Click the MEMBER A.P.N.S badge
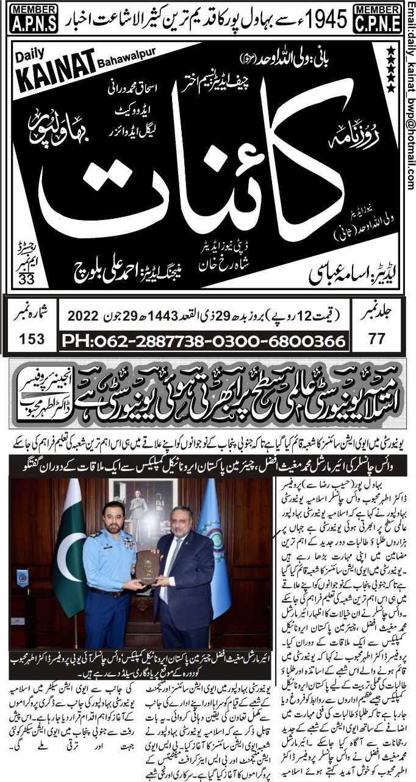[x=34, y=19]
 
